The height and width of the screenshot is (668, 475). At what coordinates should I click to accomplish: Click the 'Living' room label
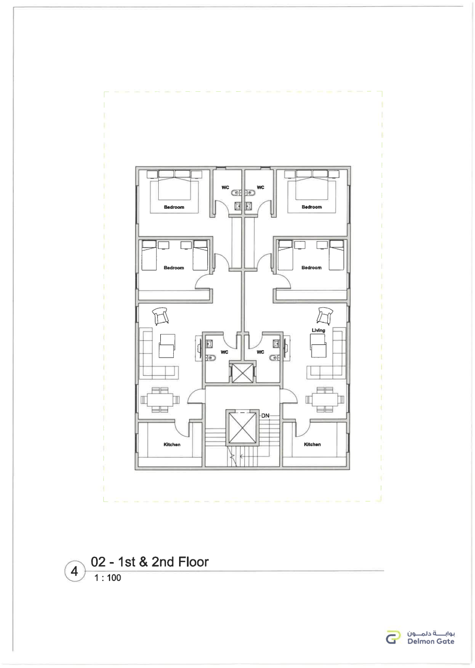click(x=318, y=330)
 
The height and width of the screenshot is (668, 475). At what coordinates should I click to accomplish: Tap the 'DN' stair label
click(x=265, y=415)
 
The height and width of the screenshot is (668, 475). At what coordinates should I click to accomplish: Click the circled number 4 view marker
click(x=74, y=571)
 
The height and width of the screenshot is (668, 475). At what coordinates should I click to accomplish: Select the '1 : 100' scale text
click(x=108, y=578)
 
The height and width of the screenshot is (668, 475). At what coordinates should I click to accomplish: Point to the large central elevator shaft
click(x=241, y=427)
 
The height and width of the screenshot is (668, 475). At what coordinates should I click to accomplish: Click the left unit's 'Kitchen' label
click(x=172, y=444)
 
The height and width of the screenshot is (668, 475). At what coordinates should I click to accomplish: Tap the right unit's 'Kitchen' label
click(x=312, y=444)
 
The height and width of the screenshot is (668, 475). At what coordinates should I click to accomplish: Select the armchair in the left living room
click(x=160, y=316)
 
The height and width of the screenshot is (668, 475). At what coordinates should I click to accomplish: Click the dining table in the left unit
click(x=160, y=400)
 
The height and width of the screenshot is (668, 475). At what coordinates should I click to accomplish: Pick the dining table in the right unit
click(x=325, y=400)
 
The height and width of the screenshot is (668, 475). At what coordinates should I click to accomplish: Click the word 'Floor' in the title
click(x=193, y=562)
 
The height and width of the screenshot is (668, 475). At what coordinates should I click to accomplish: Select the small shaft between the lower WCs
click(x=242, y=373)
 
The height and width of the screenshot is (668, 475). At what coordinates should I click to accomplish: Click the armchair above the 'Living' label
click(x=325, y=316)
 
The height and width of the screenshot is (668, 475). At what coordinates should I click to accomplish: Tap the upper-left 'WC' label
click(x=225, y=187)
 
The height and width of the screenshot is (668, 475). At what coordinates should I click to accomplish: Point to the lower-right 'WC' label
click(x=260, y=352)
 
